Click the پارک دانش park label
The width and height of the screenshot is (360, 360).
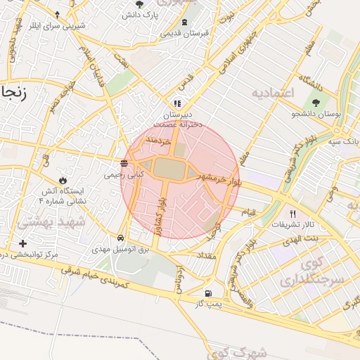[140, 14]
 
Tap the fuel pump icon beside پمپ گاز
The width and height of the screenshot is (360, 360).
[207, 293]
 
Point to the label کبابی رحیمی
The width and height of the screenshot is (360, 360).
[124, 174]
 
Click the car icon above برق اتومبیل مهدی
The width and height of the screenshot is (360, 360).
[121, 238]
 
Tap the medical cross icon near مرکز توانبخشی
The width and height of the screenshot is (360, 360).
[23, 243]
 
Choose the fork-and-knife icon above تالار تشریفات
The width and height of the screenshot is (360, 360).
[293, 214]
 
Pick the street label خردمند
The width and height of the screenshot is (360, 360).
[158, 141]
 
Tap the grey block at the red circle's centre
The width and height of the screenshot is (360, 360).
[168, 169]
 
